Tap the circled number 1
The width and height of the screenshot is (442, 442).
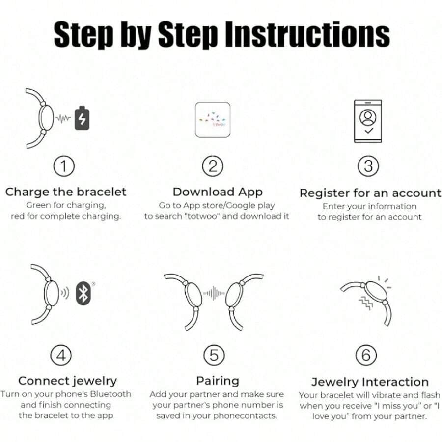64,166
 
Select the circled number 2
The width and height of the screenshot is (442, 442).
213,166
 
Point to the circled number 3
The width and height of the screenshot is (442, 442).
368,166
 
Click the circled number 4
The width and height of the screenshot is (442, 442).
61,355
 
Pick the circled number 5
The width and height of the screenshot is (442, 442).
214,355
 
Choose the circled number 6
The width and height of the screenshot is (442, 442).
366,355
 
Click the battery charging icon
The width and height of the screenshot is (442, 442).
82,118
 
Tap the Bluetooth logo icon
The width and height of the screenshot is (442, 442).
83,293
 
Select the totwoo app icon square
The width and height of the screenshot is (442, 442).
213,119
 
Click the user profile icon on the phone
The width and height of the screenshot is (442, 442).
368,117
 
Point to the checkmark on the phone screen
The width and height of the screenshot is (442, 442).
369,131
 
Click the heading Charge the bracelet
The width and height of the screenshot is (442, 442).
66,192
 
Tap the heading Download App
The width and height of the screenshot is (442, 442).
218,192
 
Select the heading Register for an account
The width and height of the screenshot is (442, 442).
370,193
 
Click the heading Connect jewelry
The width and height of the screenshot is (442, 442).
67,381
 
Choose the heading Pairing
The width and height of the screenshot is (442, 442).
218,381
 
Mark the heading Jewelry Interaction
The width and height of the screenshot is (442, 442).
370,382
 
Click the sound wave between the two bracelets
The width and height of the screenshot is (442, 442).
214,293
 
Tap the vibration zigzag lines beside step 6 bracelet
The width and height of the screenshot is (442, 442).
365,302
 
